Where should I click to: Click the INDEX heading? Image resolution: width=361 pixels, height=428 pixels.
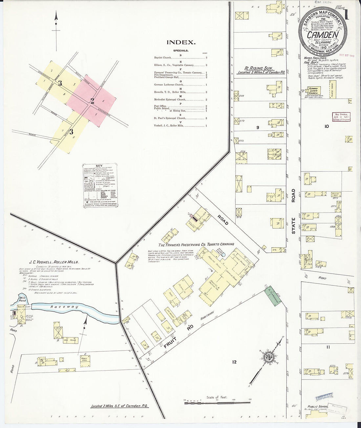click(181, 42)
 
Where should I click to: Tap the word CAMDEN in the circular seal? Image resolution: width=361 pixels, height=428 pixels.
click(323, 35)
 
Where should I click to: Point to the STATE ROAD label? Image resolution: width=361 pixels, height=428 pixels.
click(293, 211)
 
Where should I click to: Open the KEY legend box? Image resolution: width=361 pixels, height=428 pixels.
click(100, 185)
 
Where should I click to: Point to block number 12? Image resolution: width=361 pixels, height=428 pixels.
click(234, 362)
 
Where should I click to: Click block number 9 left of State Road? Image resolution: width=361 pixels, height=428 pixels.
click(258, 128)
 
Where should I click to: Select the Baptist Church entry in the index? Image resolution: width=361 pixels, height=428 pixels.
click(163, 58)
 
